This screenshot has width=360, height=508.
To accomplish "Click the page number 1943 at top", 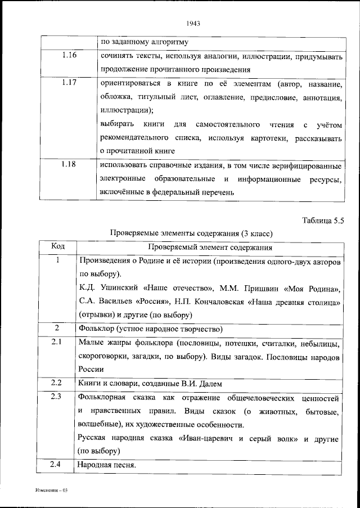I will click(192, 24).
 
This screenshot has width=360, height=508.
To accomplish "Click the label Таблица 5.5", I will click(322, 220).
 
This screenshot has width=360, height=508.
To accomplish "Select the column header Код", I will click(57, 246).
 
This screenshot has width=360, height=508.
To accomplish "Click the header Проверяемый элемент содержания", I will click(210, 246).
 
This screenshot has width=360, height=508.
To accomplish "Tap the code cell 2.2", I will click(57, 383).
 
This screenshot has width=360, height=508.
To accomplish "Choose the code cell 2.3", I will click(57, 397).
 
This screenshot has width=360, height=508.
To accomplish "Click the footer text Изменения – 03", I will click(51, 491).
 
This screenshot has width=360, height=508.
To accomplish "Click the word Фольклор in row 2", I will click(96, 328).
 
